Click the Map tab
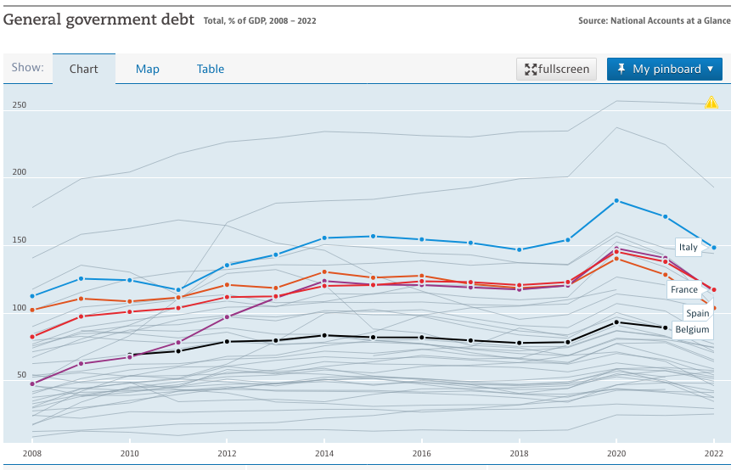148,69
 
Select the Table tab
211,69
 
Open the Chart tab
84,69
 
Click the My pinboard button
664,69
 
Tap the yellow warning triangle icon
711,103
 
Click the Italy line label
688,247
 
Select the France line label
684,289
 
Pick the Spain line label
697,313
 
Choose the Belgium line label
692,328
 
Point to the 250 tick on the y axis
19,105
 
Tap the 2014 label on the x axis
324,454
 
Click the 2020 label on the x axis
616,454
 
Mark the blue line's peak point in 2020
616,200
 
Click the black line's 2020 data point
616,322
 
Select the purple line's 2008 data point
32,383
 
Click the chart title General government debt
99,20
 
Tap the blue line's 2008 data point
32,296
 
